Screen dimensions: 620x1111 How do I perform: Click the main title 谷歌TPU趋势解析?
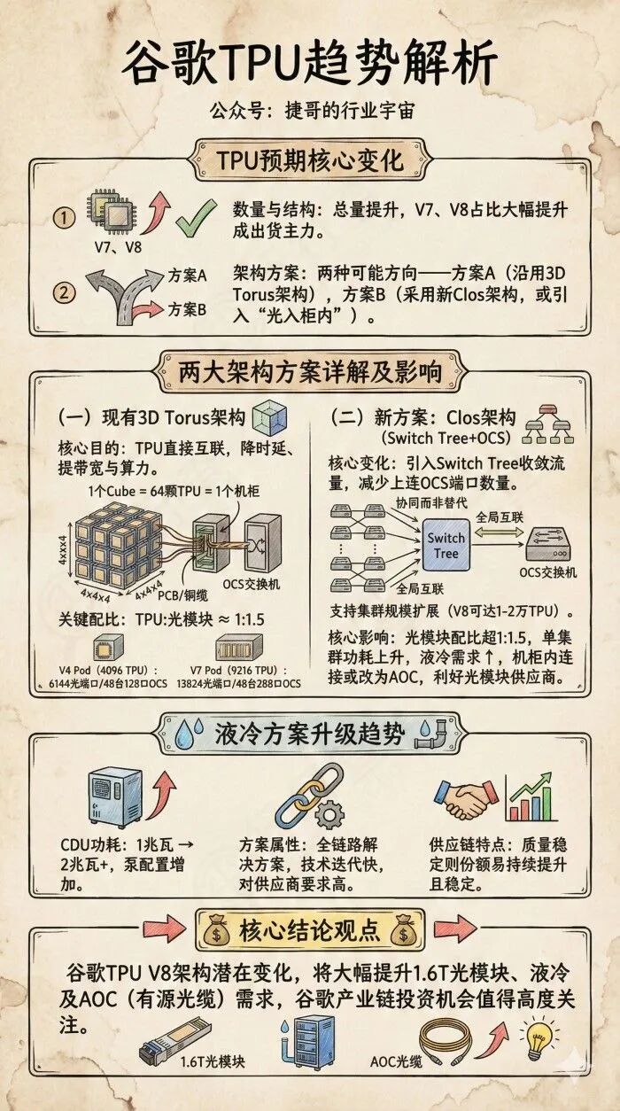pos(310,63)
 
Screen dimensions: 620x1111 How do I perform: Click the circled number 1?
pos(65,218)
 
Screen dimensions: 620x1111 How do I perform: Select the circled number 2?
pos(65,292)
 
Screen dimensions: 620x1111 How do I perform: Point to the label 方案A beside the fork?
pos(187,276)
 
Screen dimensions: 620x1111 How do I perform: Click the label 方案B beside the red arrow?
pos(187,310)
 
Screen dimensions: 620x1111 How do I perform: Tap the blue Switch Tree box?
pos(446,546)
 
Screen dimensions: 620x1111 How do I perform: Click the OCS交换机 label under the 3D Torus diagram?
pos(251,584)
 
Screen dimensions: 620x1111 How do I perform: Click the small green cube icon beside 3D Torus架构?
pos(270,418)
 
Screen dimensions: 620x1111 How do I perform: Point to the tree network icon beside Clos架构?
pos(548,424)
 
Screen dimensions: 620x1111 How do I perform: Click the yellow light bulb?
pos(540,1037)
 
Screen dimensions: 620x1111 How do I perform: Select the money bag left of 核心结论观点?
pos(217,931)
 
